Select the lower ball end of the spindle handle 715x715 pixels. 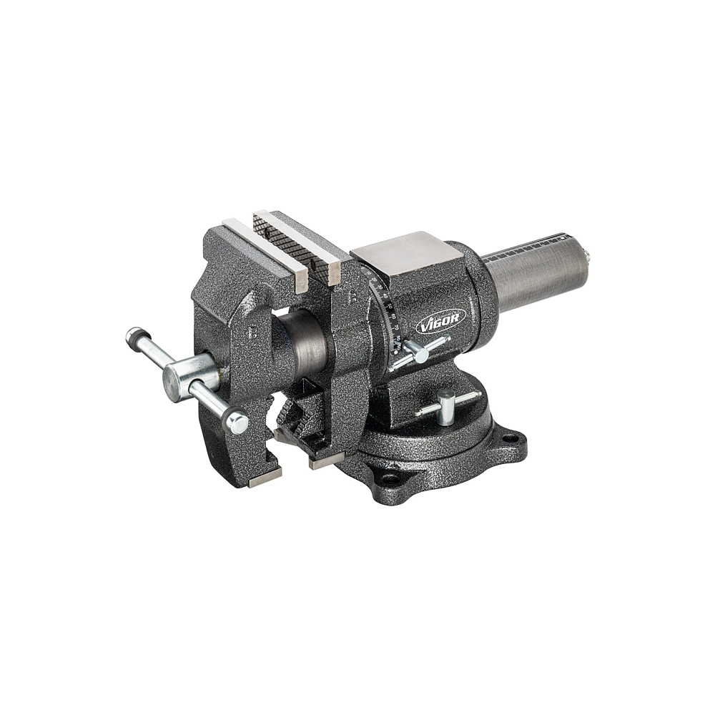[237, 423]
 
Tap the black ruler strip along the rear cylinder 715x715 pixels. [526, 247]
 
